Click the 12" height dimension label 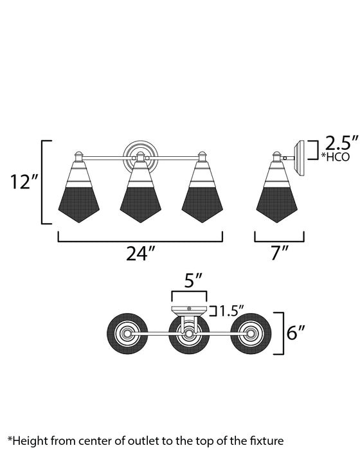click(24, 181)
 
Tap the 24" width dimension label click(140, 253)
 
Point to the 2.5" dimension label click(341, 143)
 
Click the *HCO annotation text click(336, 157)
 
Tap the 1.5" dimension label click(231, 310)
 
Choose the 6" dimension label click(296, 332)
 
